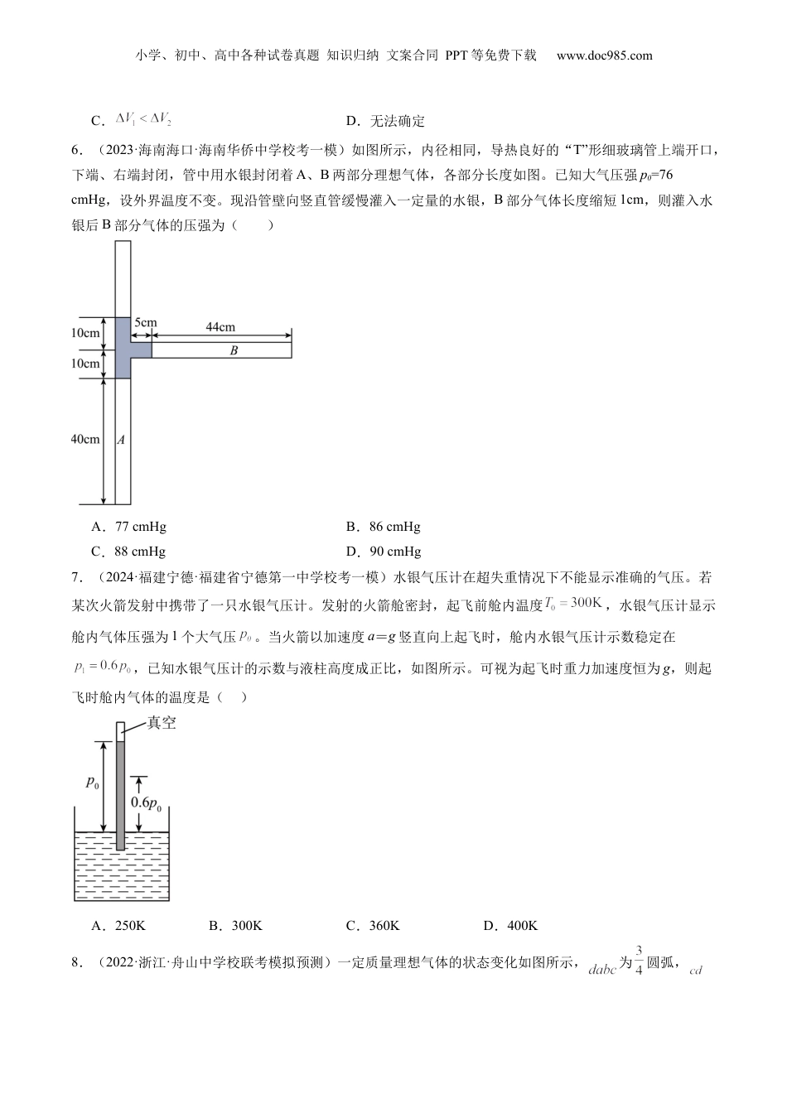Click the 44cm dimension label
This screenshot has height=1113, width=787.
point(220,327)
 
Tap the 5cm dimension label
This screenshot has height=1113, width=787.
point(145,323)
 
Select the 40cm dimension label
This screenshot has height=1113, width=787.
point(85,440)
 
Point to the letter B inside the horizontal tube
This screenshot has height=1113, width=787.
point(234,351)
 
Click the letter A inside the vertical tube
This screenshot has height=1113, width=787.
point(121,441)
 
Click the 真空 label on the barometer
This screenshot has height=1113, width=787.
point(162,723)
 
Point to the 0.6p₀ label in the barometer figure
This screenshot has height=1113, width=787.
point(145,802)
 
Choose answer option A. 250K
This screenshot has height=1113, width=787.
point(118,926)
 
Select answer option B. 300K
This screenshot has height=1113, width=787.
point(235,926)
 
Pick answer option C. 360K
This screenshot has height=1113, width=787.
point(373,926)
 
